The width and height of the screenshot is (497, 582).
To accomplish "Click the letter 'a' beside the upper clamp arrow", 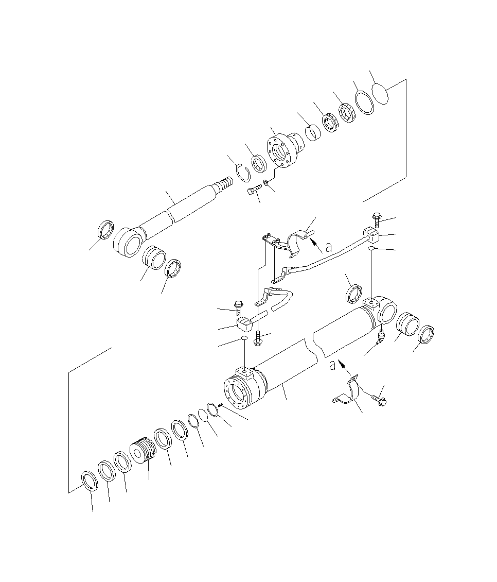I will click(329, 248).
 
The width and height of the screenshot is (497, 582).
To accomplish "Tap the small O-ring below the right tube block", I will click(371, 249).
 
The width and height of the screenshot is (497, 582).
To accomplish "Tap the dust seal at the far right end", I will click(427, 335).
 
